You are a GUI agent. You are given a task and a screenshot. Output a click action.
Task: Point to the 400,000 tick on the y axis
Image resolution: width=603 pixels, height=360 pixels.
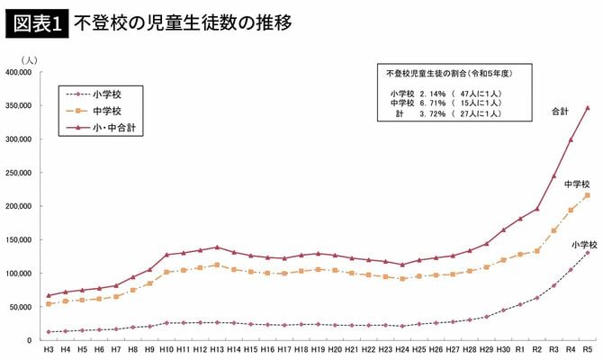click(20, 73)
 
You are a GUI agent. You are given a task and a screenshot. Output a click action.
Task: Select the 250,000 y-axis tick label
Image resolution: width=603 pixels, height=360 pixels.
click(20, 173)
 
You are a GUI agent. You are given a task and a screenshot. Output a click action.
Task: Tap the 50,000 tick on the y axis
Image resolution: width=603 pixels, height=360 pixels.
click(22, 307)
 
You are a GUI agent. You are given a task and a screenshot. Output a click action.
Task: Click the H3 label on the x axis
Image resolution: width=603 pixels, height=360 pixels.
click(49, 349)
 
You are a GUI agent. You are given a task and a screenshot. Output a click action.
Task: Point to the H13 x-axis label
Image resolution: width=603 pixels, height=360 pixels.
click(217, 349)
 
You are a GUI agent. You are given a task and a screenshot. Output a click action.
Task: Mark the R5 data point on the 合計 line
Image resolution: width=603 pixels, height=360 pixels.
click(588, 108)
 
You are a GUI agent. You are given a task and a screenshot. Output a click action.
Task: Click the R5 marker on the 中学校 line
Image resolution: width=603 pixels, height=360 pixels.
click(588, 195)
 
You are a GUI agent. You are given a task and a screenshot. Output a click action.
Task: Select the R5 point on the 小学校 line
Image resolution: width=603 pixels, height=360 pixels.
click(588, 253)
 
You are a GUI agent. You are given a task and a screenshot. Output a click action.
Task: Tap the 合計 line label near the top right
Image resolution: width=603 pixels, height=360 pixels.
click(559, 112)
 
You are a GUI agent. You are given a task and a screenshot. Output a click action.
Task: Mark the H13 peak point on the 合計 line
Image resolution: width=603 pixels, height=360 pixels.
click(217, 247)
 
